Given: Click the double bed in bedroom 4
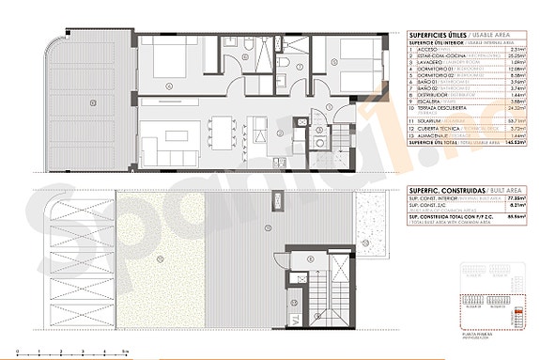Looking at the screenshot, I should pos(172,70).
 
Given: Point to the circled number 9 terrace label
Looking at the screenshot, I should pos(92,102).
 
